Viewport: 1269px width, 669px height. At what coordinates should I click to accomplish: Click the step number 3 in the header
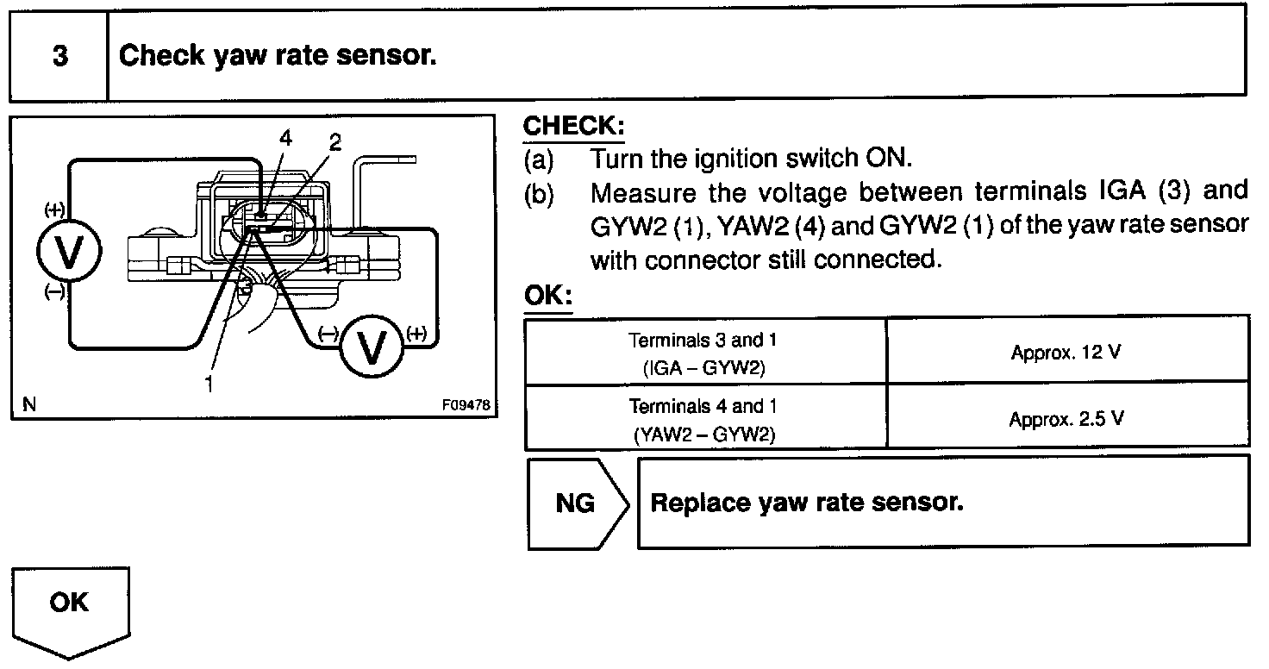(60, 55)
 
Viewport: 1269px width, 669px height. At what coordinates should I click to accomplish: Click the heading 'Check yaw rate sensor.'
(278, 55)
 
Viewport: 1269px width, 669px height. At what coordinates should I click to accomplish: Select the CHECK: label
(573, 126)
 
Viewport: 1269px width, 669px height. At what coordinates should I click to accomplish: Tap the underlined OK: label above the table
(547, 295)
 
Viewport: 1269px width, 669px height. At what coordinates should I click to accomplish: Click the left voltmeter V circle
(69, 251)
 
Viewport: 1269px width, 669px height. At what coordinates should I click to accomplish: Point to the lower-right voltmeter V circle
(372, 347)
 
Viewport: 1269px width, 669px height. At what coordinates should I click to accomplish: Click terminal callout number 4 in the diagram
(285, 138)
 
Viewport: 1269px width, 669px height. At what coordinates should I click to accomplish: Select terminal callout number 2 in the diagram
(334, 142)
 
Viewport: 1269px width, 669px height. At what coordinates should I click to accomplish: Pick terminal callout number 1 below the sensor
(209, 384)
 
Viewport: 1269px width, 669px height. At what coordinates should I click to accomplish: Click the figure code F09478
(466, 404)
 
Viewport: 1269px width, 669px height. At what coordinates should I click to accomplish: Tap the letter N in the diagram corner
(29, 404)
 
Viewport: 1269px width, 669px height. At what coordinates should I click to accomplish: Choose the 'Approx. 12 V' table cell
(1067, 352)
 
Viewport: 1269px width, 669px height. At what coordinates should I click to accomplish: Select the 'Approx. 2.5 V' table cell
(1067, 418)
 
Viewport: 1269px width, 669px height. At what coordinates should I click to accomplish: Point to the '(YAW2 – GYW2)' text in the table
(703, 435)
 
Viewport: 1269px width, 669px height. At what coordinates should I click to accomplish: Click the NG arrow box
(578, 503)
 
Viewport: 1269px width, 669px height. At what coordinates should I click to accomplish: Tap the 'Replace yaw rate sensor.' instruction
(807, 503)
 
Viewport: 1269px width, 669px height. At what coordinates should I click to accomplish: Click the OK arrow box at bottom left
(70, 613)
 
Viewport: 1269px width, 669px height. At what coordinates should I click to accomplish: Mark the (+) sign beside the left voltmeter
(54, 210)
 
